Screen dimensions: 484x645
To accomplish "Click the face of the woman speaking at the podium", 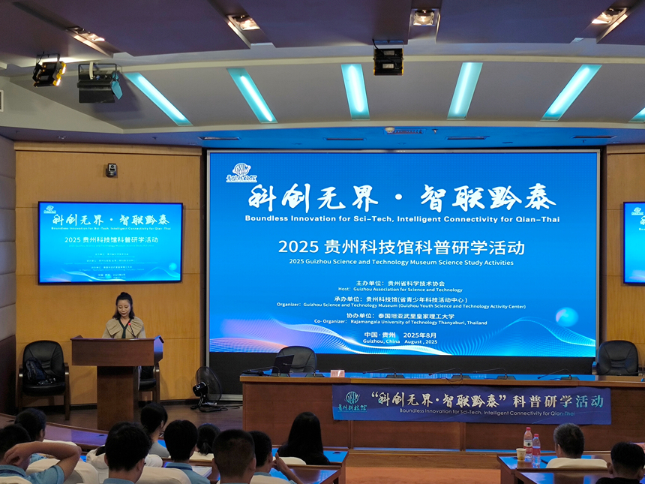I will click(124, 306).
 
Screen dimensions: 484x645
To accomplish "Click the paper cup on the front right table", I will click(520, 454).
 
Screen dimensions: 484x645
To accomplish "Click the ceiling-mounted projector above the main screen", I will click(388, 61).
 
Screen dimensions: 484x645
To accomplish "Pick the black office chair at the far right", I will click(617, 359).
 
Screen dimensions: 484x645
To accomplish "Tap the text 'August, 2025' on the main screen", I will click(420, 341).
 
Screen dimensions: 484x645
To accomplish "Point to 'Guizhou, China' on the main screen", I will click(379, 341).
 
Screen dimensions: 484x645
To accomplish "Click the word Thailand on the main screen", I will click(474, 323).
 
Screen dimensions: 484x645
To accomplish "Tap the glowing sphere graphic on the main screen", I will click(566, 317).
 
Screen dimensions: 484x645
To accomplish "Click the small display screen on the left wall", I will click(110, 242).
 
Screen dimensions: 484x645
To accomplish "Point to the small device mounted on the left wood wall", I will click(112, 170).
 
